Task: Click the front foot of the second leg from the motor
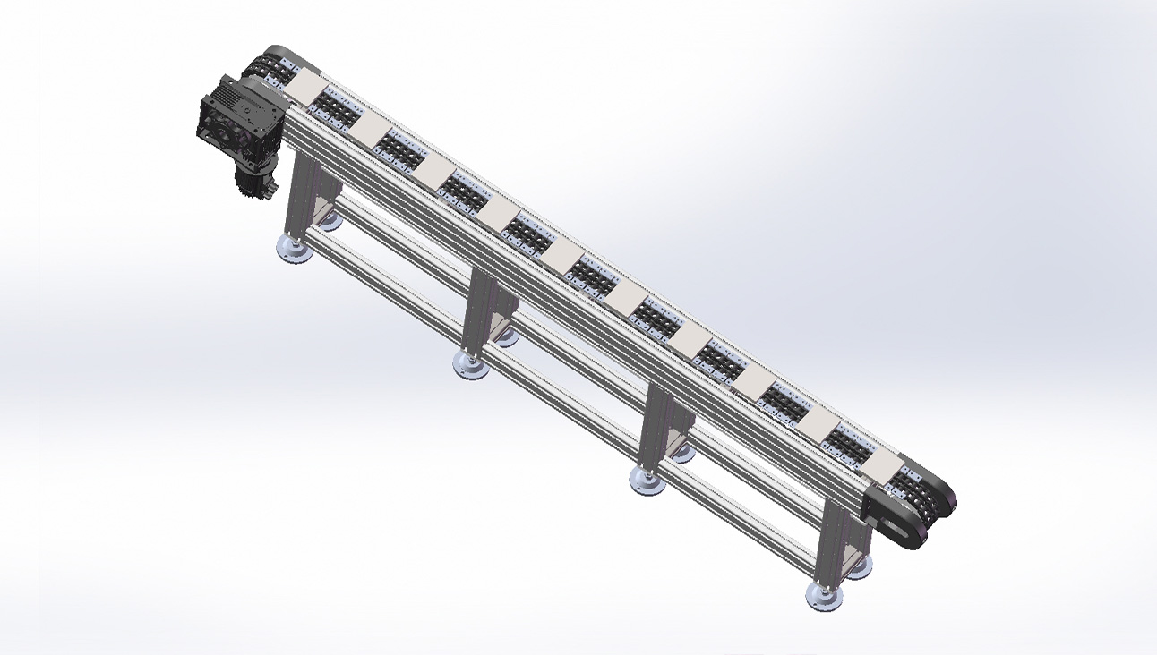pyautogui.click(x=470, y=364)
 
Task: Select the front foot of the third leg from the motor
pyautogui.click(x=647, y=481)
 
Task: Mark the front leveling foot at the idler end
pyautogui.click(x=824, y=596)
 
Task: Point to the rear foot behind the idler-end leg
pyautogui.click(x=859, y=566)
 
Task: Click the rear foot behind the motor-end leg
pyautogui.click(x=329, y=219)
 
